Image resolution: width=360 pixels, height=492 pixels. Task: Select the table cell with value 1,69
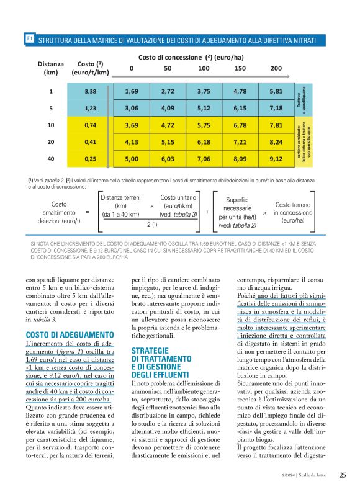[131, 91]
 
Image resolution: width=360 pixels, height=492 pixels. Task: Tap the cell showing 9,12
[276, 158]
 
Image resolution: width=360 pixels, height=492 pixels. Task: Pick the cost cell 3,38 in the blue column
[90, 91]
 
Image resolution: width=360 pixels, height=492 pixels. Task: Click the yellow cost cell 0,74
[90, 125]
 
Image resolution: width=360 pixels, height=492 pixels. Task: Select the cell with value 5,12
[204, 108]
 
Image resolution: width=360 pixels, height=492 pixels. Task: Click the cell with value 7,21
[240, 141]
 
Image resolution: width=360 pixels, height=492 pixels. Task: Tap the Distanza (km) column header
[51, 68]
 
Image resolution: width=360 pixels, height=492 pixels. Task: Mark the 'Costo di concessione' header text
[180, 56]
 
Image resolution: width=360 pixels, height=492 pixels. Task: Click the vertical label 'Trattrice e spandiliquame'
[300, 99]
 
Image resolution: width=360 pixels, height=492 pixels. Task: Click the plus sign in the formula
[206, 212]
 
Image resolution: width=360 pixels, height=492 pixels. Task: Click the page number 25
[343, 476]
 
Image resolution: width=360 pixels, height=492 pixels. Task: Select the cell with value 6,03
[168, 158]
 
